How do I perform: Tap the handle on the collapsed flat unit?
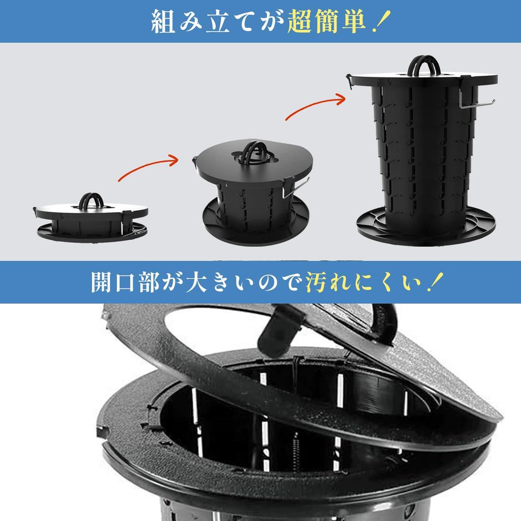92,200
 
